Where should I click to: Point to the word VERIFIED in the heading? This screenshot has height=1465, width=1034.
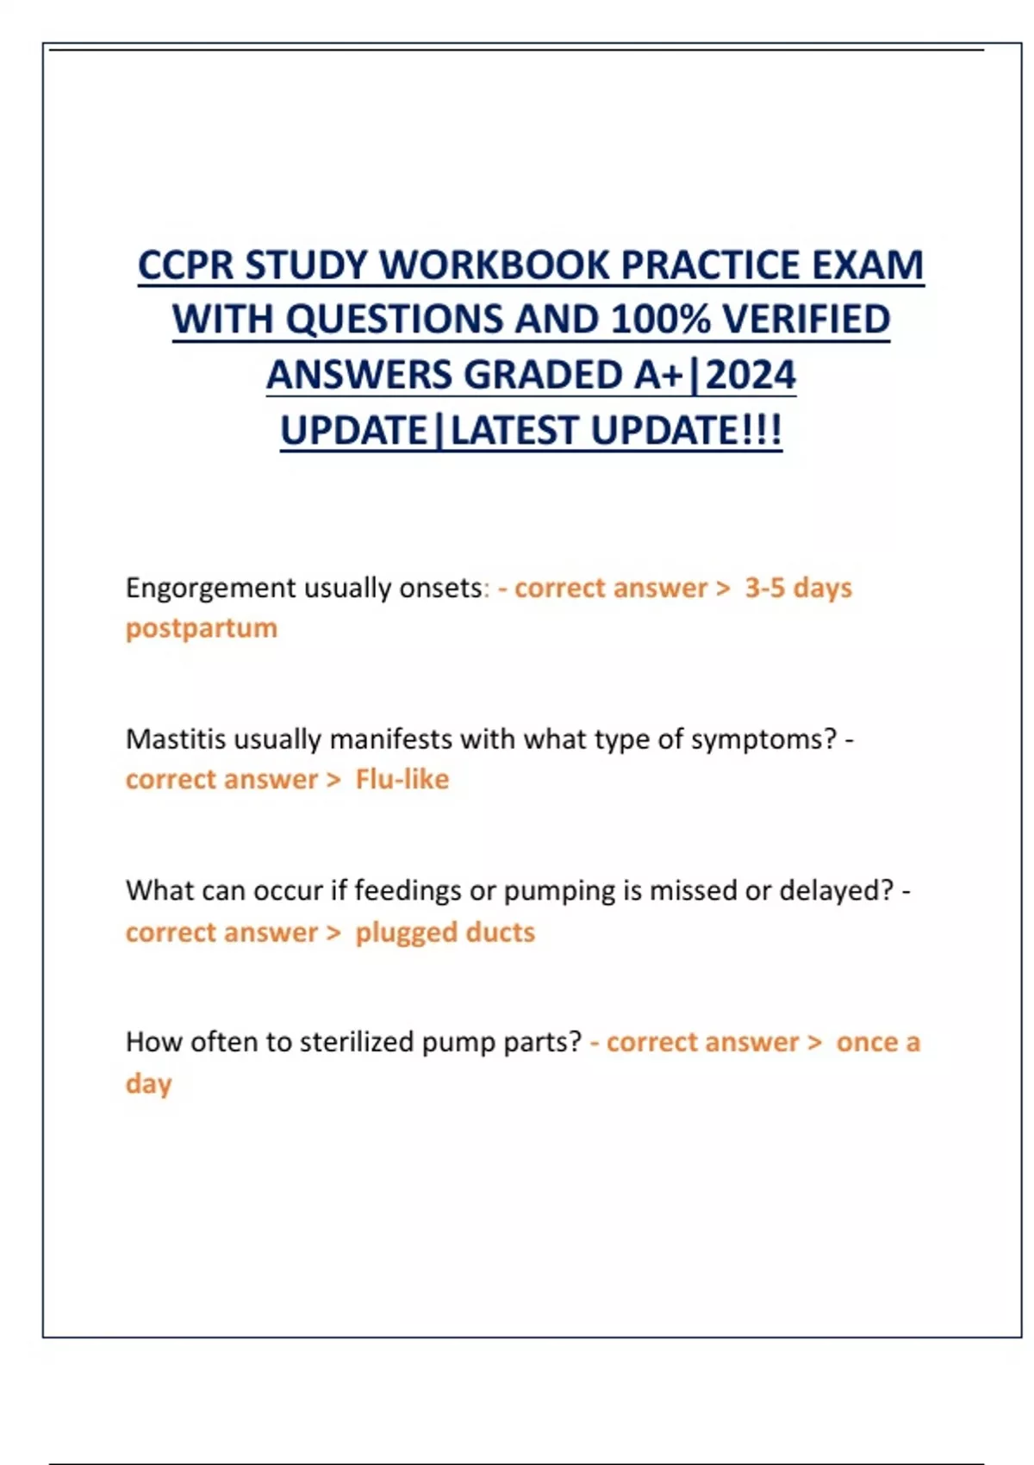[806, 319]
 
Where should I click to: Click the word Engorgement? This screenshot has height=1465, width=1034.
[210, 589]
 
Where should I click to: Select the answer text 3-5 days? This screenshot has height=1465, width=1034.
[798, 588]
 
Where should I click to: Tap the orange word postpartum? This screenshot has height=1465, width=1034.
[202, 628]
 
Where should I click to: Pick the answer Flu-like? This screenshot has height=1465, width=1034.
[402, 780]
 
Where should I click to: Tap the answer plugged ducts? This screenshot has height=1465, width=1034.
[445, 932]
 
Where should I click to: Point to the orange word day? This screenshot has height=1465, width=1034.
[148, 1084]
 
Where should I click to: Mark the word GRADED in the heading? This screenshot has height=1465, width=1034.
[542, 375]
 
